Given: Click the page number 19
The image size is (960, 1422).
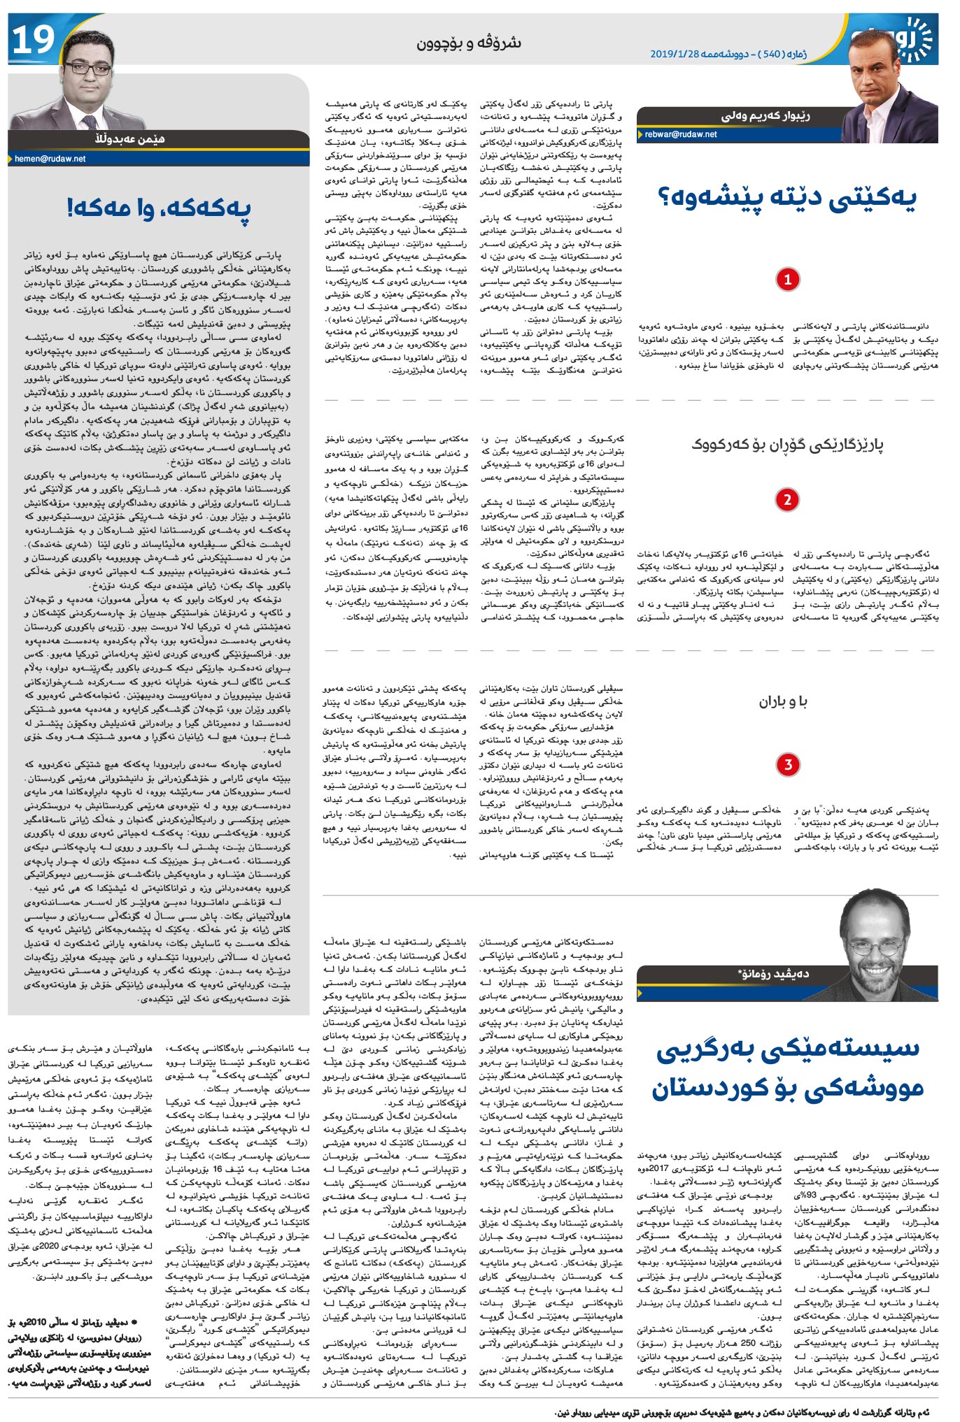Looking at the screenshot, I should [33, 41].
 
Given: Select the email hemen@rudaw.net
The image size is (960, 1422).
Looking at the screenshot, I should [50, 159].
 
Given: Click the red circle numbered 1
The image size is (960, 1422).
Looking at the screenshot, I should [787, 280].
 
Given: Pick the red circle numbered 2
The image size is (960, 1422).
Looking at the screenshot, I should [787, 500].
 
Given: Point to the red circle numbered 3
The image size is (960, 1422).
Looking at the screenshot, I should [787, 764].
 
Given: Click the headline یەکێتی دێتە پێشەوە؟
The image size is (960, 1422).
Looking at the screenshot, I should [786, 198].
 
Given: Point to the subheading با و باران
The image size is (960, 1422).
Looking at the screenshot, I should [783, 702].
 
